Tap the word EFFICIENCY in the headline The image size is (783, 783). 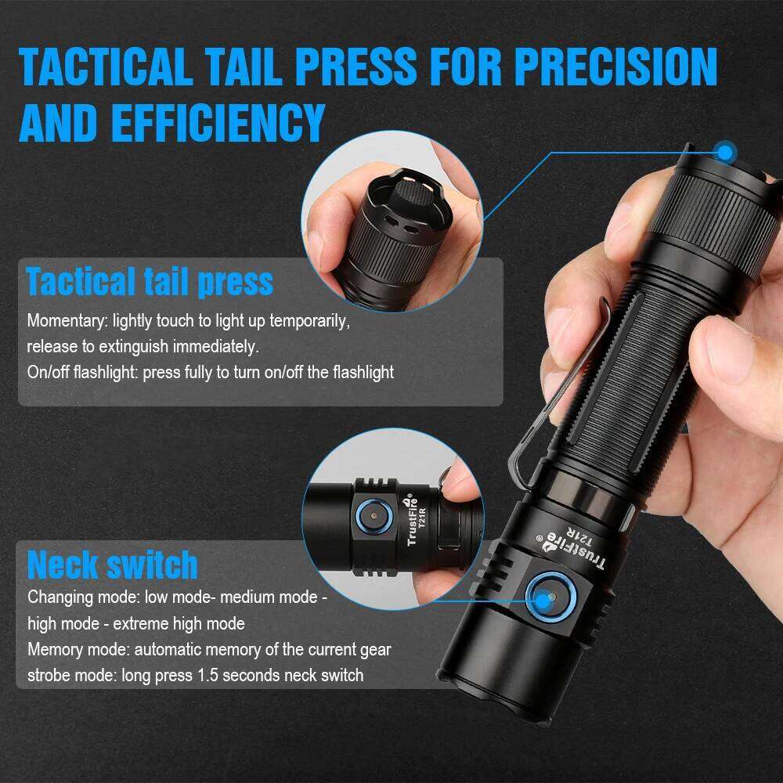coord(217,122)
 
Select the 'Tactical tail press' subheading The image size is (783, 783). coord(150,282)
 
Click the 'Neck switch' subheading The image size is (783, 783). coord(113,565)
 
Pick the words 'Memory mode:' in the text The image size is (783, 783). coord(79,649)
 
